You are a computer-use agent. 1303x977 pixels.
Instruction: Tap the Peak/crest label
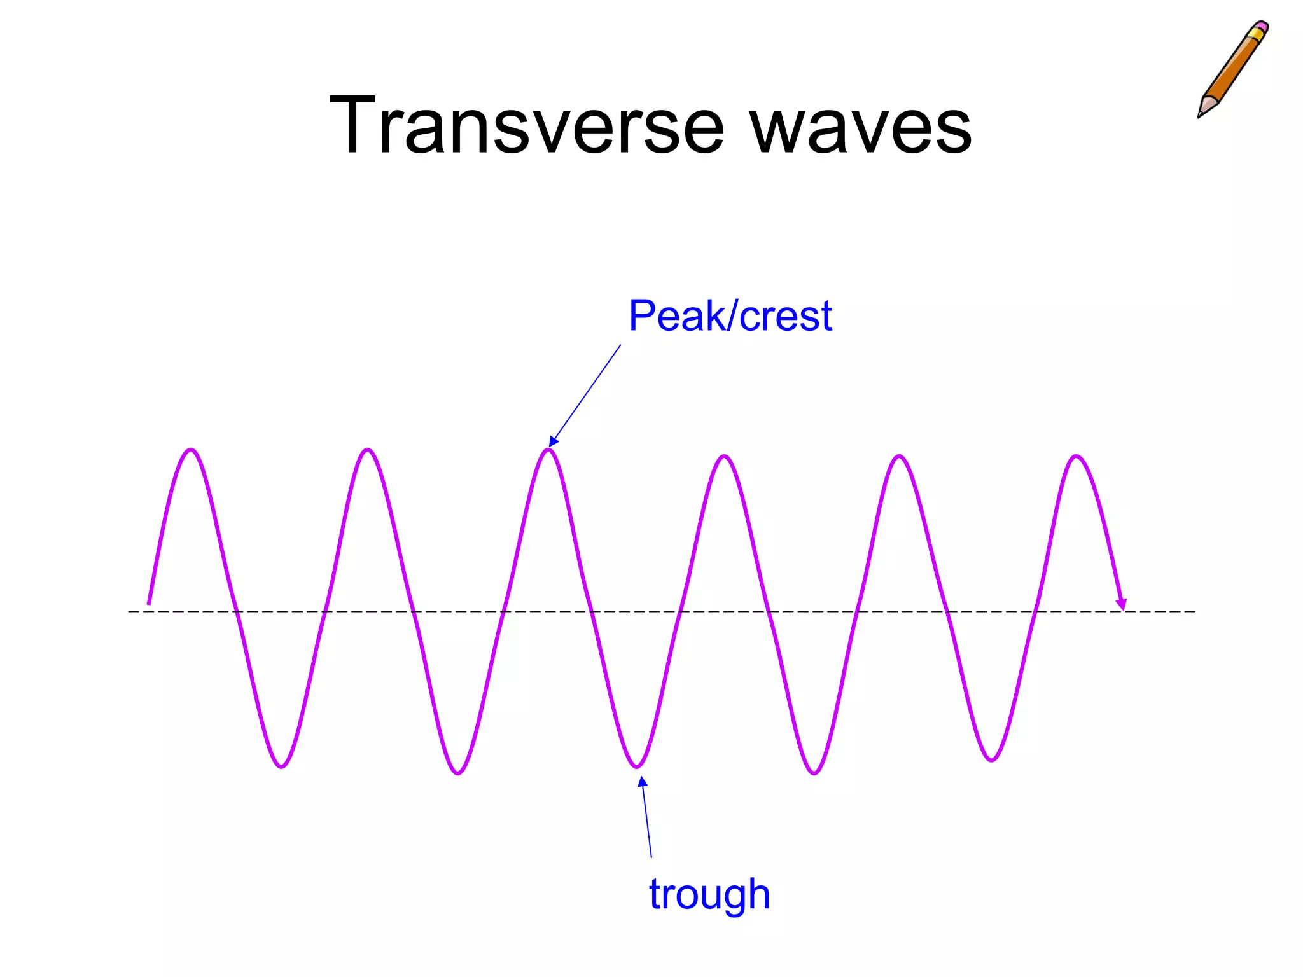[730, 315]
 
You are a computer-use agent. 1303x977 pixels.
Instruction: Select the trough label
[709, 894]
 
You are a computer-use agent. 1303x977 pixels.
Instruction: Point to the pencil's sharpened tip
[1201, 114]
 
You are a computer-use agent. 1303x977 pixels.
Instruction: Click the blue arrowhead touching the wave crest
[553, 441]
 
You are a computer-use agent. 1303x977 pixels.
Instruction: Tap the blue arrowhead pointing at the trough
[643, 782]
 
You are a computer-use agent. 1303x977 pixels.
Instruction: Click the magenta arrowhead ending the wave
[1122, 604]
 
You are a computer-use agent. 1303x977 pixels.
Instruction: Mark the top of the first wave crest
[192, 450]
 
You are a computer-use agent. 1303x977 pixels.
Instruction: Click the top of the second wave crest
[368, 450]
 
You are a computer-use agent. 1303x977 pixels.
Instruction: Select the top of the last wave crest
[1076, 457]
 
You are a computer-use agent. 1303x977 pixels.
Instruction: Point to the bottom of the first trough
[281, 766]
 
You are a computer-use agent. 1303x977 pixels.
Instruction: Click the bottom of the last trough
[991, 759]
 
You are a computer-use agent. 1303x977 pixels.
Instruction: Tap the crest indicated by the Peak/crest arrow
[548, 450]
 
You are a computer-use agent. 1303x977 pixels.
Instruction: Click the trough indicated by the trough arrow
[637, 766]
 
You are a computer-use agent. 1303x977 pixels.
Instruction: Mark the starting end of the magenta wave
[149, 603]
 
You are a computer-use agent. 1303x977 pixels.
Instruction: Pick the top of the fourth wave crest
[725, 457]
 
